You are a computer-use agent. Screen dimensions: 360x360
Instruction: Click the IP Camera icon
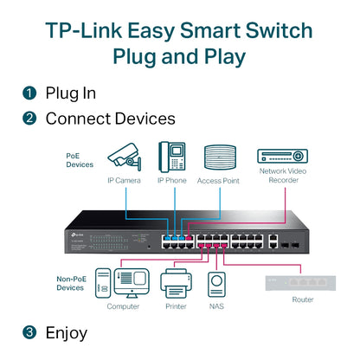click(x=124, y=157)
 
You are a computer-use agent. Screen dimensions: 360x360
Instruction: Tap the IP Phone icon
click(x=171, y=157)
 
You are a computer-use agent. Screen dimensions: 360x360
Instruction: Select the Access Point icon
click(x=219, y=157)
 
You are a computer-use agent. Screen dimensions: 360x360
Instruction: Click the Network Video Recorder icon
click(x=282, y=156)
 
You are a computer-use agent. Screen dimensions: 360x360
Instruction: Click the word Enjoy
click(x=66, y=331)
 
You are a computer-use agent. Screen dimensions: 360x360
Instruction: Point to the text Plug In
click(x=70, y=93)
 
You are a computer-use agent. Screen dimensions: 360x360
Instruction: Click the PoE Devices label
click(x=80, y=159)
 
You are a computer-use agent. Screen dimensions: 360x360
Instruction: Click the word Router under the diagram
click(x=303, y=299)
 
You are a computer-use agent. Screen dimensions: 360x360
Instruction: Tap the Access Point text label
click(x=219, y=180)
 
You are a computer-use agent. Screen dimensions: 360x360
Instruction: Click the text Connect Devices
click(x=110, y=118)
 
